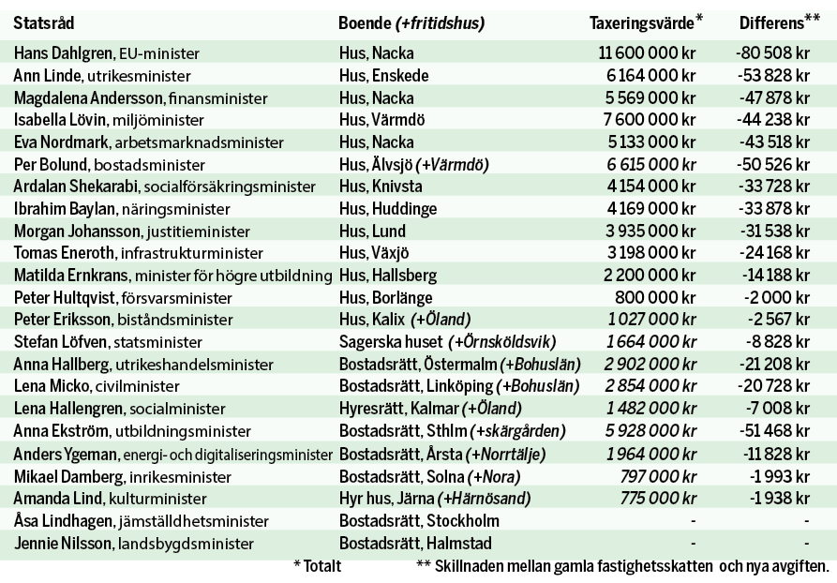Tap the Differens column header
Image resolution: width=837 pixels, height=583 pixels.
[774, 22]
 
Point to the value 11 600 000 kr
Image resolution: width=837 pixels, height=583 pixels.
[648, 54]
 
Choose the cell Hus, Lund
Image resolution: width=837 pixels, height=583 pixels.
[372, 230]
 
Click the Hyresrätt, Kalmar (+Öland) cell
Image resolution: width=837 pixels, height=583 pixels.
[429, 408]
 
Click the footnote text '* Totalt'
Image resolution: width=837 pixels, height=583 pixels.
[317, 566]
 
